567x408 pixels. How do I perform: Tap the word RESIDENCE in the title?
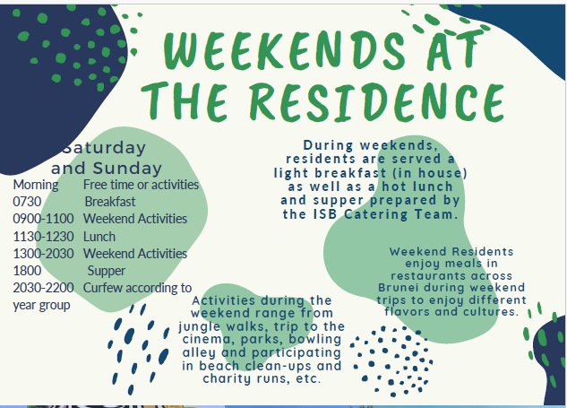pyautogui.click(x=377, y=101)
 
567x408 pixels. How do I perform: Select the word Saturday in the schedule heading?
pyautogui.click(x=104, y=148)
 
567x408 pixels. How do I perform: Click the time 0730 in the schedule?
pyautogui.click(x=27, y=201)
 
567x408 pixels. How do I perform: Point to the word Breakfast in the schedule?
pyautogui.click(x=110, y=201)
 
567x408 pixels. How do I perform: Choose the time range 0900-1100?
pyautogui.click(x=43, y=219)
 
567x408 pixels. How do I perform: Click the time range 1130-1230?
pyautogui.click(x=43, y=237)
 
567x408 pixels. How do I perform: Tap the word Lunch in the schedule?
pyautogui.click(x=99, y=237)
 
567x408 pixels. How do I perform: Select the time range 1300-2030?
pyautogui.click(x=43, y=254)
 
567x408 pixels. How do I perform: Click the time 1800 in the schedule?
pyautogui.click(x=27, y=271)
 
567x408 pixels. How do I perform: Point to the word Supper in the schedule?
pyautogui.click(x=107, y=271)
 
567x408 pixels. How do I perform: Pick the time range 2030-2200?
pyautogui.click(x=43, y=288)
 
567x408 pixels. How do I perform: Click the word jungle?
pyautogui.click(x=199, y=326)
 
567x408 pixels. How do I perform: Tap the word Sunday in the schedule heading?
pyautogui.click(x=127, y=169)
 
